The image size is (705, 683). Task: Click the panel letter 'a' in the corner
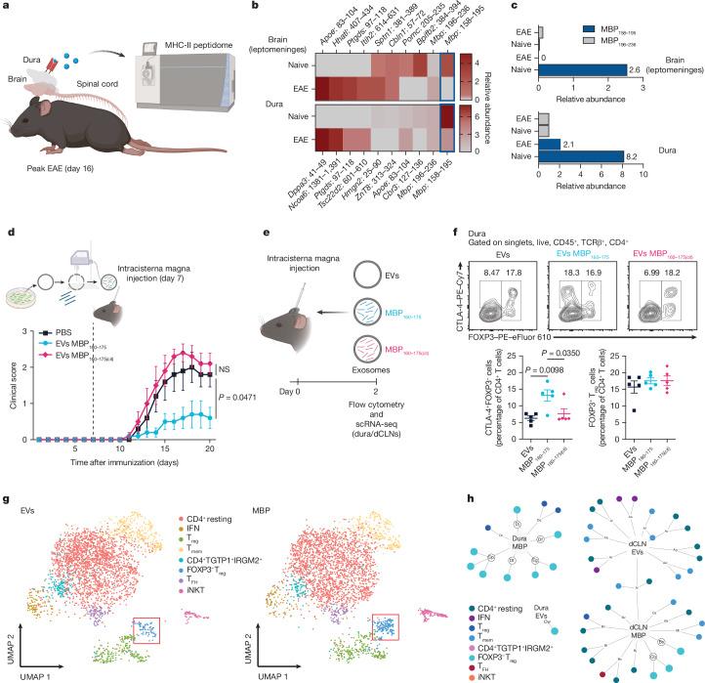click(x=7, y=8)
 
